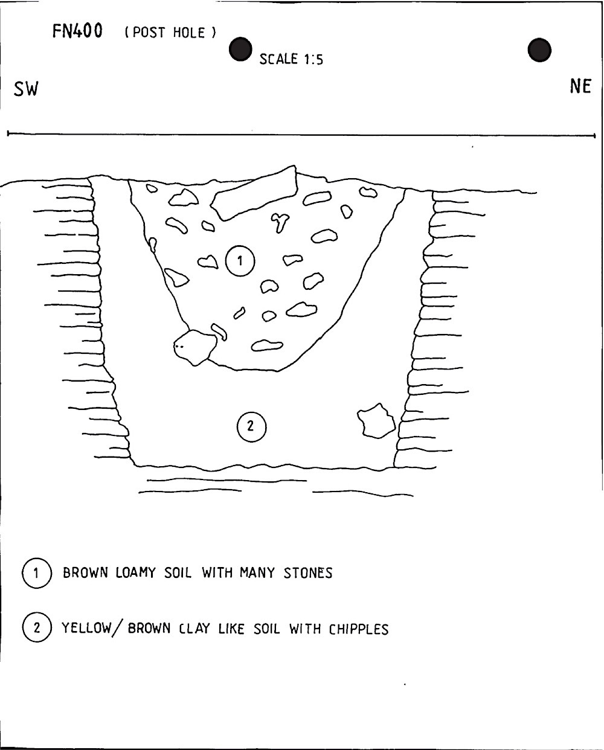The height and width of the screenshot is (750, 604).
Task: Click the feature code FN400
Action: (77, 31)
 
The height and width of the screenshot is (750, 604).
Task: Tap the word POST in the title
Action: (149, 33)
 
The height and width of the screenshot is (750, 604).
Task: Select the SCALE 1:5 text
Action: (291, 59)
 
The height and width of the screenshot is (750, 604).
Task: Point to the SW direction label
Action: (26, 89)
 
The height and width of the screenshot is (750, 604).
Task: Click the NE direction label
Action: (580, 86)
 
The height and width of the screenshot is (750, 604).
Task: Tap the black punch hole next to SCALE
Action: (240, 49)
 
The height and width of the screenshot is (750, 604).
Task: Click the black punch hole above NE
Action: (539, 50)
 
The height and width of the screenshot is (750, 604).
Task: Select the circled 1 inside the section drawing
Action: (240, 261)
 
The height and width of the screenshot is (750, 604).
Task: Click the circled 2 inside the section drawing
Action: (251, 426)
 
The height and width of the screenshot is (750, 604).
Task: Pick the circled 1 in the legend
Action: (37, 573)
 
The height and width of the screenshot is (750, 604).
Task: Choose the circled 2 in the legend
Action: (37, 627)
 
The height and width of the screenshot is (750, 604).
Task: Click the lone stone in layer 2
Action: (376, 421)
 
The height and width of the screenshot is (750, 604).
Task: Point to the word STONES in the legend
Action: (308, 573)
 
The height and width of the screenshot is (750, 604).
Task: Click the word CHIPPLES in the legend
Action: (359, 629)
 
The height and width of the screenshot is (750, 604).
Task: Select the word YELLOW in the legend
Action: (86, 628)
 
